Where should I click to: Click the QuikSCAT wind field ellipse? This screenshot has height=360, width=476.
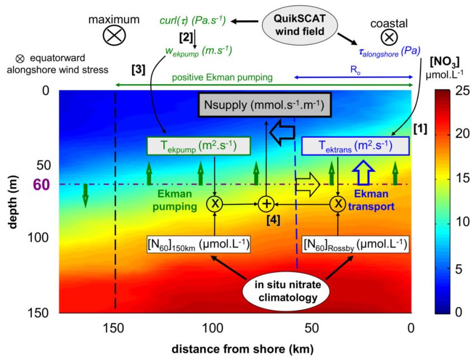300,25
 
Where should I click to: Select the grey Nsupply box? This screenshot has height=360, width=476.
264,105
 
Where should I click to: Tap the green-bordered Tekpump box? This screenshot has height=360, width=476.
199,146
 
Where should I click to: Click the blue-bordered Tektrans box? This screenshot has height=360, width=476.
356,146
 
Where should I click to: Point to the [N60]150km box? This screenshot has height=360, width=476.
199,244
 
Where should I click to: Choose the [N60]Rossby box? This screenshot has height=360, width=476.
356,244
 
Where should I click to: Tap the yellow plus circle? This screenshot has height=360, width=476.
266,204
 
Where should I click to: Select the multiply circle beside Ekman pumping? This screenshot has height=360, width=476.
215,204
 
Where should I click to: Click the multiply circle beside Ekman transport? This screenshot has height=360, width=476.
338,204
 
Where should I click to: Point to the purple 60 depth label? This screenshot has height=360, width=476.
41,185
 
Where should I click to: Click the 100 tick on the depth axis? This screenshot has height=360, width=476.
38,237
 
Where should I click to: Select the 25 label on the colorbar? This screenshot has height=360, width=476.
463,91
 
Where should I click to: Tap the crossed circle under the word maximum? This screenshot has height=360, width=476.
114,35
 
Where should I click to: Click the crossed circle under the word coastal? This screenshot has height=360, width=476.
389,38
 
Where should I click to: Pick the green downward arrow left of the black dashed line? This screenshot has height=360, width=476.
85,196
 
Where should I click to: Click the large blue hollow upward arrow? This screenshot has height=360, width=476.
363,172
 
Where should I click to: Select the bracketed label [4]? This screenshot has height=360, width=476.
273,221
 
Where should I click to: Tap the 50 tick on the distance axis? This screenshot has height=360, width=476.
311,328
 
